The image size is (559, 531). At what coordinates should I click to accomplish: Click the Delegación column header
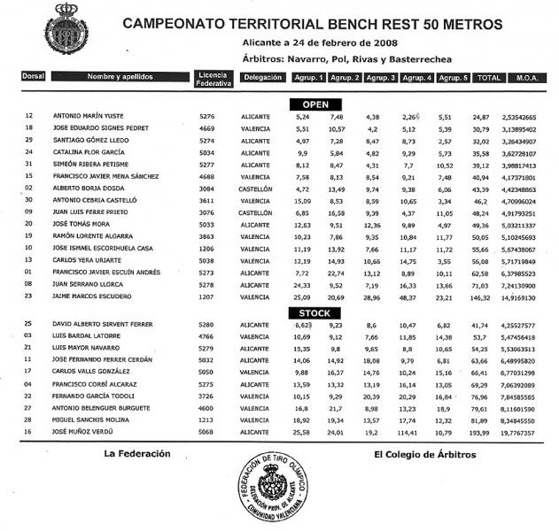click(x=262, y=78)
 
